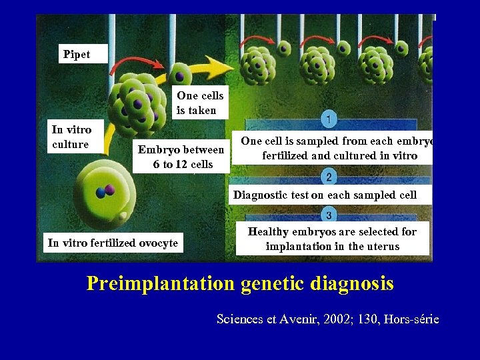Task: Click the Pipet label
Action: (77, 55)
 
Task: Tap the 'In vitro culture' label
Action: (71, 137)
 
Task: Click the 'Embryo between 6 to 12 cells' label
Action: (181, 157)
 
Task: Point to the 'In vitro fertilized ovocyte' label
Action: (113, 243)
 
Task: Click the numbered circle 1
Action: (328, 119)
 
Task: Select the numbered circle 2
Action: (328, 177)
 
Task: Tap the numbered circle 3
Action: (329, 215)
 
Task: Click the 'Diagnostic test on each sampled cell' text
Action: (325, 195)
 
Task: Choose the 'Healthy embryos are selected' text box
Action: (332, 239)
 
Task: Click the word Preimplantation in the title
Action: (161, 284)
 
